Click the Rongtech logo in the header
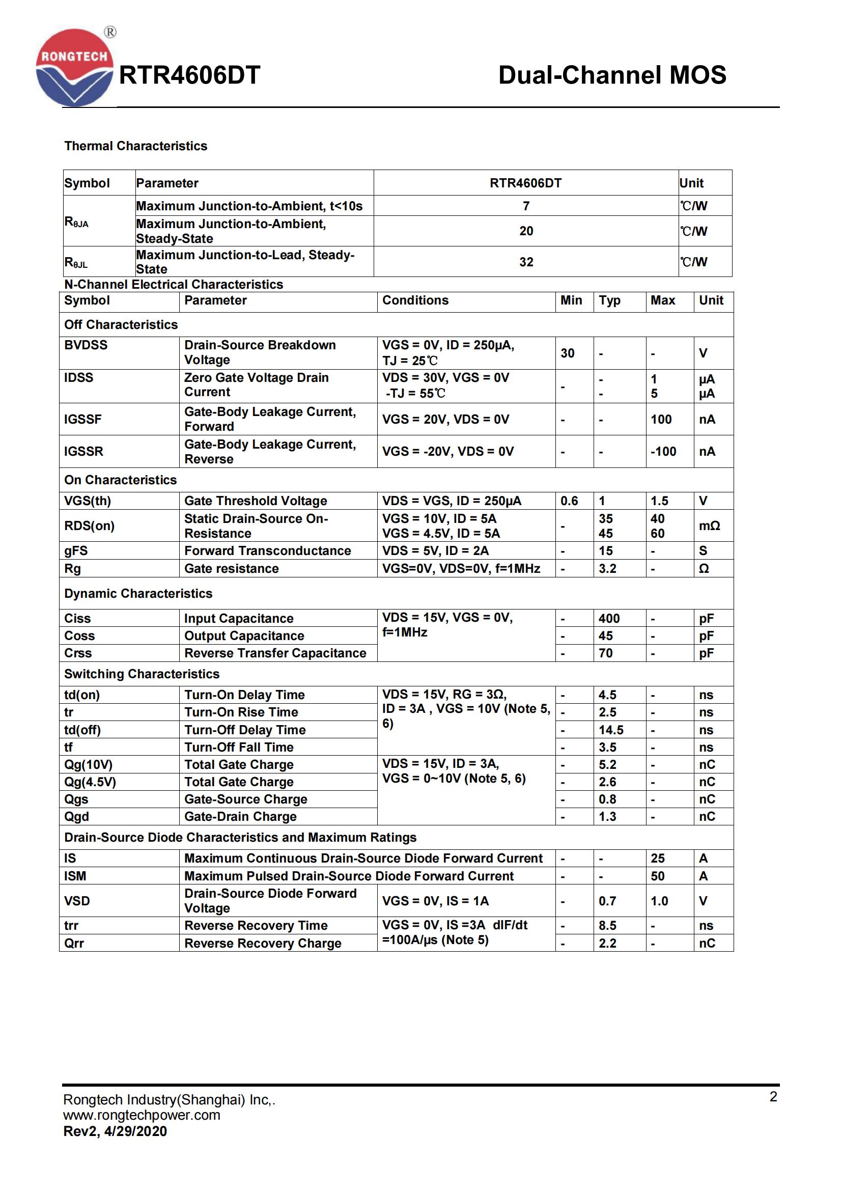74,68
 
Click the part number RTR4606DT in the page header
189,75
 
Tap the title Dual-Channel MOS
612,75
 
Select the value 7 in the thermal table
526,206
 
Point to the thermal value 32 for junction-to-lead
526,262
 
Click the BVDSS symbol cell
86,345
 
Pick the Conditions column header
415,300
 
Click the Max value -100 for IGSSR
663,451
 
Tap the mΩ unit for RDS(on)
709,526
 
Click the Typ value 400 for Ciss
609,618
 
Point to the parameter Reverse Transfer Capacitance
275,653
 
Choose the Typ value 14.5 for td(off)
611,730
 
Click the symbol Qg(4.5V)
90,782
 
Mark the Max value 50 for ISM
657,876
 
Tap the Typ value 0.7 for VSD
607,901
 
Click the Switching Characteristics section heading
142,674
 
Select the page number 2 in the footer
773,1097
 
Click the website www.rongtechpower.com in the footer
142,1115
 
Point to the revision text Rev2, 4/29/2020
115,1131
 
